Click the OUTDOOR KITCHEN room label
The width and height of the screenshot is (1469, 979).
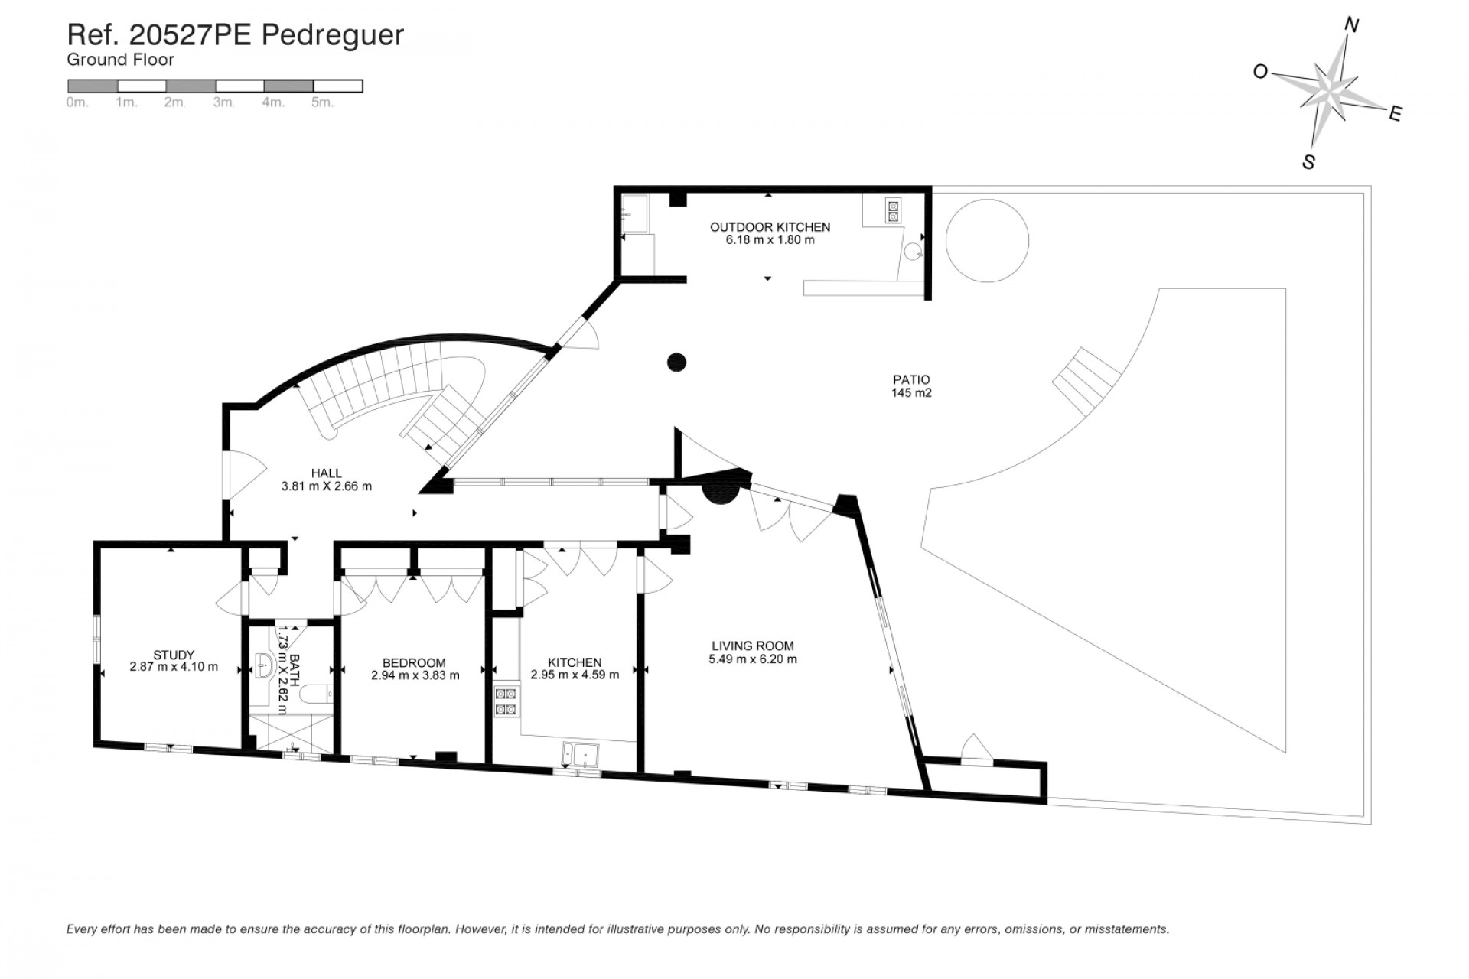(x=770, y=227)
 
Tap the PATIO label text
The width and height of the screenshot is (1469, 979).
(x=911, y=379)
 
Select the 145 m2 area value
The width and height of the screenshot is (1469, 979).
(x=911, y=393)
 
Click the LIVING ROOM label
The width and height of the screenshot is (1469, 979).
(x=753, y=646)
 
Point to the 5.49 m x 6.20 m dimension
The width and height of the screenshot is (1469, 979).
(x=753, y=659)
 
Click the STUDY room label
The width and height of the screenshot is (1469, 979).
(x=174, y=655)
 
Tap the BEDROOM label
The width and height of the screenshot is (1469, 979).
(x=414, y=663)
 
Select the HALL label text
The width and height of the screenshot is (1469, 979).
(x=327, y=473)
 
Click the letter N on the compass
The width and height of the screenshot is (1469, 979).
(x=1351, y=47)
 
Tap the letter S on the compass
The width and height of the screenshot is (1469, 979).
(x=1308, y=162)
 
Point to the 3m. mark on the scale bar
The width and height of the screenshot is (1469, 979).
(x=224, y=102)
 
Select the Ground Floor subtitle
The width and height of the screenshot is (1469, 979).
(x=120, y=60)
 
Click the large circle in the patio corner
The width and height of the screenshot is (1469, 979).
(x=987, y=240)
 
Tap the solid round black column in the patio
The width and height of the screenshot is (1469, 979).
(x=676, y=362)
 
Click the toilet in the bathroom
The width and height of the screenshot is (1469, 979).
(x=314, y=694)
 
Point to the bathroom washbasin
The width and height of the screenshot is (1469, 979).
(x=263, y=666)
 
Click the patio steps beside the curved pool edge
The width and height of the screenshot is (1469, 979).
(x=1086, y=380)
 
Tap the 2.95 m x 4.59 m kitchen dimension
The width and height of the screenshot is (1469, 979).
(x=575, y=675)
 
